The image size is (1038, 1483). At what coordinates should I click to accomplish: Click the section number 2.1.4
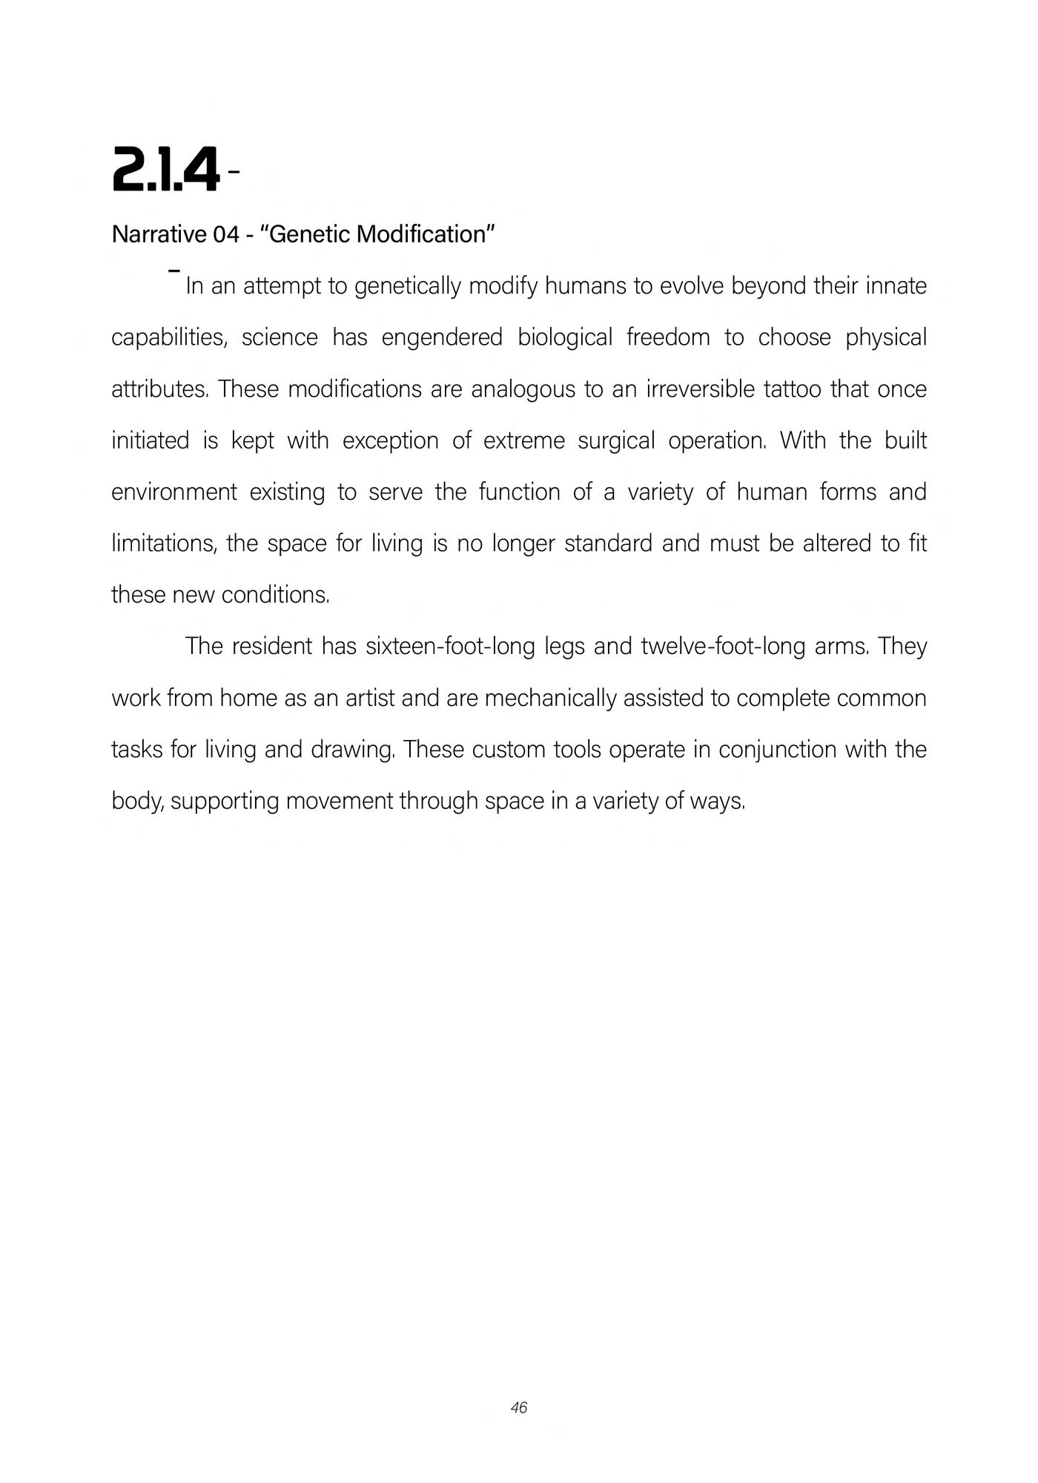pyautogui.click(x=165, y=170)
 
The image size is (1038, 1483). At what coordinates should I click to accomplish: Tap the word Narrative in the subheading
pyautogui.click(x=159, y=234)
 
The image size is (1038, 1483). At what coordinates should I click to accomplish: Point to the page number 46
pyautogui.click(x=519, y=1407)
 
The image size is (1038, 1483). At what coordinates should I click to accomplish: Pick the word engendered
pyautogui.click(x=442, y=337)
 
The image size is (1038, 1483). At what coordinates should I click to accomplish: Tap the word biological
pyautogui.click(x=565, y=337)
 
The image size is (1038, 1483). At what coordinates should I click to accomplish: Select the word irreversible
pyautogui.click(x=701, y=389)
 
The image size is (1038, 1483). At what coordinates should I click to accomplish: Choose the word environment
pyautogui.click(x=174, y=492)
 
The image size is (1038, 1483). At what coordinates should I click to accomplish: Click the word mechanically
pyautogui.click(x=550, y=698)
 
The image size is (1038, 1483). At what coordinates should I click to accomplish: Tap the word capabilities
pyautogui.click(x=169, y=337)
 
